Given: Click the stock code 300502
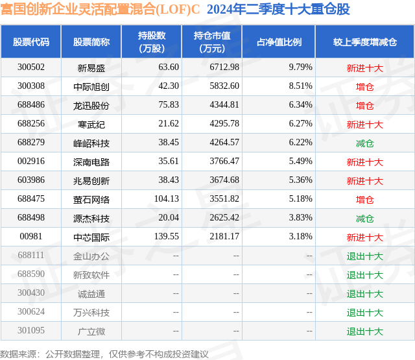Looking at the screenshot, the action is pos(31,67).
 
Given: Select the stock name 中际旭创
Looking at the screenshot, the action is pos(91,86).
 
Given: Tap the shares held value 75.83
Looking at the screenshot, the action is pos(169,104).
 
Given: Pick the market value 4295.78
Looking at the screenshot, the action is pos(224,123).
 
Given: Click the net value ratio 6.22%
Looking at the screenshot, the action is pos(300,142).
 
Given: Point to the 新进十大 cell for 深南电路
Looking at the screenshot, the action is pos(365,162).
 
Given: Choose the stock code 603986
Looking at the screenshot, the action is pos(31,180).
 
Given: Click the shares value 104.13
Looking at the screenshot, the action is pos(167,198).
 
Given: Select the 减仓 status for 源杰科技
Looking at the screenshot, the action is pos(365,219).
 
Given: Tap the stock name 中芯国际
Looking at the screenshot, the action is pos(91,237).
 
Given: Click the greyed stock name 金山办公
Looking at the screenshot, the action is pos(91,256).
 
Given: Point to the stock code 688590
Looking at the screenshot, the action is pos(31,274).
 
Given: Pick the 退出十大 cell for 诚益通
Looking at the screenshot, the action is pos(365,294).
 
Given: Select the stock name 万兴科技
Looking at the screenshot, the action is pos(91,313).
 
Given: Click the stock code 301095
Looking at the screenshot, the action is pos(31,330).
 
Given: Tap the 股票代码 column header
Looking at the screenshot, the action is pos(31,42).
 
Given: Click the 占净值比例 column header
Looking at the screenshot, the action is pos(279,42).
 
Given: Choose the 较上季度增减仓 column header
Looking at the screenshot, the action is pos(365,42).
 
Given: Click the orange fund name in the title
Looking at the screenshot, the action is pos(101,9).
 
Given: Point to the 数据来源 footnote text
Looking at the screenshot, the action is pos(104,354).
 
